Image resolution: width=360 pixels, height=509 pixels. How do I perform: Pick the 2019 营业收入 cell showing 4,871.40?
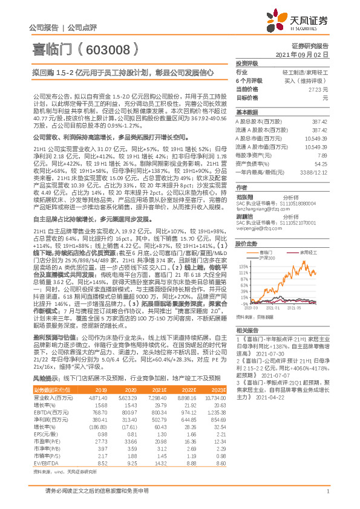click(x=98, y=417)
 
